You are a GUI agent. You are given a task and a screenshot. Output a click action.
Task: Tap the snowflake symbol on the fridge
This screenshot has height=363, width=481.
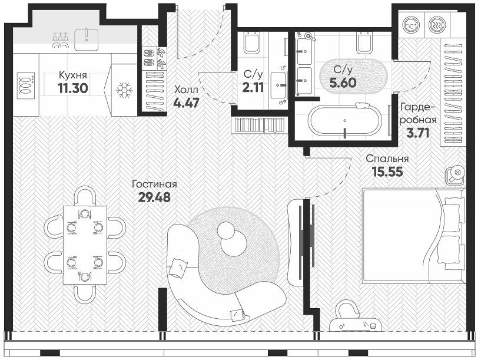(x=124, y=90)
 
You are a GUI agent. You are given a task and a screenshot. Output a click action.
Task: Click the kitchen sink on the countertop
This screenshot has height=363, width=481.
(x=89, y=36)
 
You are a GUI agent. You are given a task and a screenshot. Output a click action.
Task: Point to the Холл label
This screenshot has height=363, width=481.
(x=185, y=89)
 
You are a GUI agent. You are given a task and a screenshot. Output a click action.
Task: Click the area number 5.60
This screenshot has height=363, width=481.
(x=343, y=83)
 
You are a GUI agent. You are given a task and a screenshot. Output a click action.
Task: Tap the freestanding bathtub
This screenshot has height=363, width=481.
(x=346, y=120)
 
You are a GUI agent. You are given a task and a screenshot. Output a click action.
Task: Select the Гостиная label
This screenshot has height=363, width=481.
(x=154, y=184)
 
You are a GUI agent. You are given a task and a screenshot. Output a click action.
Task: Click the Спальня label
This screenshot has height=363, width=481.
(x=387, y=159)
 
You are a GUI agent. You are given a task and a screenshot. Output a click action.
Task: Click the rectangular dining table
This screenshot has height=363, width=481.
(x=85, y=242)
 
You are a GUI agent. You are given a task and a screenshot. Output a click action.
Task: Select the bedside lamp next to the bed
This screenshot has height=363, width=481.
(x=455, y=173)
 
